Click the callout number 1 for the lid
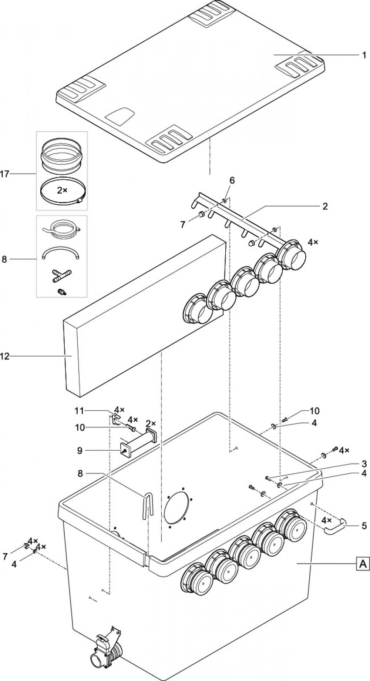click(364, 56)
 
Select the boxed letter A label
click(363, 564)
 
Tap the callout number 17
click(5, 174)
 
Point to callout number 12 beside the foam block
click(4, 356)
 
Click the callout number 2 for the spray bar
click(325, 206)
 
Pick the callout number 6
click(232, 180)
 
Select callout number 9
click(80, 450)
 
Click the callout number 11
click(79, 410)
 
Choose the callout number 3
click(364, 464)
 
